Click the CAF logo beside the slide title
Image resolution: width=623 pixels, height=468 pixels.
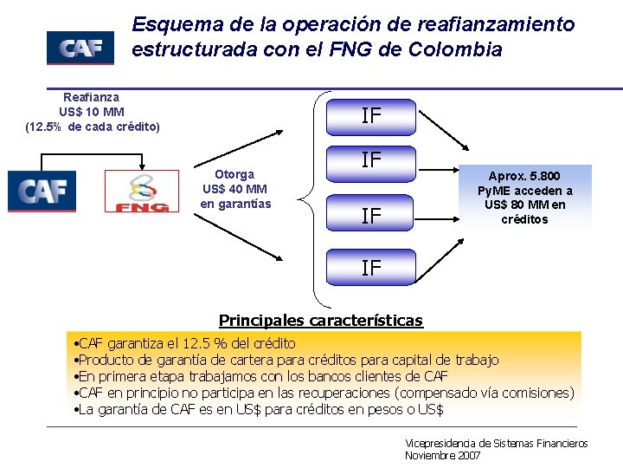tap(80, 48)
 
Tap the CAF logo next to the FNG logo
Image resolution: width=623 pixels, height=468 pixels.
tap(42, 191)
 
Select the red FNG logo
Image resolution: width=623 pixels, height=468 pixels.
tap(141, 192)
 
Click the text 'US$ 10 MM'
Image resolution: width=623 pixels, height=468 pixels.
tap(92, 112)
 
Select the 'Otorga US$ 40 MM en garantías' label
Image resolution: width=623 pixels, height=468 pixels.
tap(234, 189)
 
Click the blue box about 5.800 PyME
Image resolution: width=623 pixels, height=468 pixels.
tap(530, 198)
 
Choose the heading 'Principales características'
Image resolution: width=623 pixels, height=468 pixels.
tap(321, 321)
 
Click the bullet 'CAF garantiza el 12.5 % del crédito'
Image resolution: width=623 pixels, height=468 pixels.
tap(186, 344)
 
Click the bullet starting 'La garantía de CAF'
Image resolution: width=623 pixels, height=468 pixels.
tap(260, 409)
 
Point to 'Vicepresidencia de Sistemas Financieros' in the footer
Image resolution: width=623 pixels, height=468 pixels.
tap(496, 443)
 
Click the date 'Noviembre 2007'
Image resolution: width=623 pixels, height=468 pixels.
tap(442, 456)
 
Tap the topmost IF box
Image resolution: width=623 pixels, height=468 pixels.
tap(371, 116)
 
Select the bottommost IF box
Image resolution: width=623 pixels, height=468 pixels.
tap(371, 268)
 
